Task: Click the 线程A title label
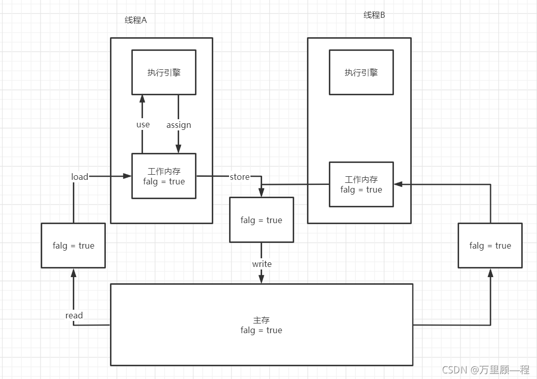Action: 135,20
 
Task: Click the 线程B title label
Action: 374,15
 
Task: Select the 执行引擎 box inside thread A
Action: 164,72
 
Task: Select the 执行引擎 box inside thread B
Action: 361,72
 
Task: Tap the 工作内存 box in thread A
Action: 163,176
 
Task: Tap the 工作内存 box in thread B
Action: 361,184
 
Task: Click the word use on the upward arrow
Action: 143,124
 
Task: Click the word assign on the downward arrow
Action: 179,125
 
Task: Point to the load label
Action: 79,177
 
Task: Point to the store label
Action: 239,177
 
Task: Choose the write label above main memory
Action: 262,264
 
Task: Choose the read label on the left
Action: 74,315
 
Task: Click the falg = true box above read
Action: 73,246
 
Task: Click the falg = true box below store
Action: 261,220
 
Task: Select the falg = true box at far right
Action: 490,246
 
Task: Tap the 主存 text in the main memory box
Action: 261,320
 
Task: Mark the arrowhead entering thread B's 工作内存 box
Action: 398,184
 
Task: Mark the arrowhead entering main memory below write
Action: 262,280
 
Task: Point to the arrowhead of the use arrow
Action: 142,98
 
